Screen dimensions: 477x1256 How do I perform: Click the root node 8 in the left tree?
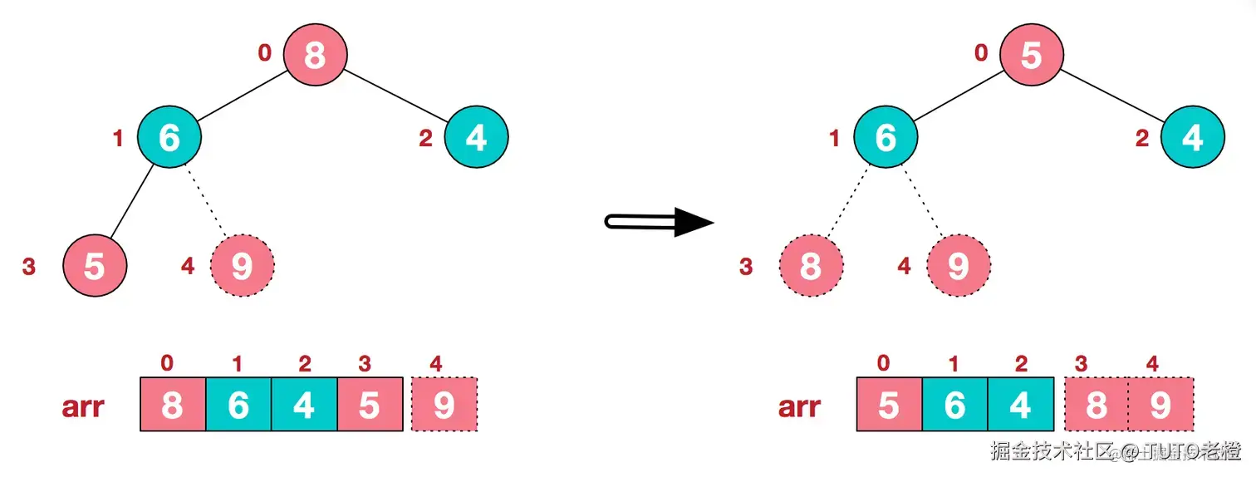pyautogui.click(x=315, y=56)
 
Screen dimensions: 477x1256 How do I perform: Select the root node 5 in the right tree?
pyautogui.click(x=1031, y=56)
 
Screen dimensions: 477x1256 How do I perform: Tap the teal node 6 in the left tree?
pyautogui.click(x=169, y=138)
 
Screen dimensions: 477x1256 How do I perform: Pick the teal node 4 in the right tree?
pyautogui.click(x=1192, y=138)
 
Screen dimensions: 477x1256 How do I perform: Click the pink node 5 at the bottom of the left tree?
pyautogui.click(x=95, y=267)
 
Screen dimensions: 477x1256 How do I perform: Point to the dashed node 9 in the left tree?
pyautogui.click(x=242, y=267)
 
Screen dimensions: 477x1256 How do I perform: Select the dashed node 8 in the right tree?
pyautogui.click(x=811, y=267)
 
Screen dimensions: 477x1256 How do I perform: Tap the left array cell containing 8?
pyautogui.click(x=172, y=405)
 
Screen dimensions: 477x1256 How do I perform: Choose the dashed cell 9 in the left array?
pyautogui.click(x=444, y=405)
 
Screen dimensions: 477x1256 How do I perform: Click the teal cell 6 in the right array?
pyautogui.click(x=954, y=405)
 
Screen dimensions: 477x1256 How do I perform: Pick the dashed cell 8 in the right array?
pyautogui.click(x=1096, y=405)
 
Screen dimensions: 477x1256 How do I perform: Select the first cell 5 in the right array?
pyautogui.click(x=889, y=405)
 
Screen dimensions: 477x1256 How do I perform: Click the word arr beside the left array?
pyautogui.click(x=83, y=406)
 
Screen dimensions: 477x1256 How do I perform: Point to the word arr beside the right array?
pyautogui.click(x=799, y=406)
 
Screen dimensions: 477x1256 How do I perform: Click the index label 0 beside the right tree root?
pyautogui.click(x=981, y=53)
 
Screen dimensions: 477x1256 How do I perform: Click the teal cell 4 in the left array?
pyautogui.click(x=304, y=405)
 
